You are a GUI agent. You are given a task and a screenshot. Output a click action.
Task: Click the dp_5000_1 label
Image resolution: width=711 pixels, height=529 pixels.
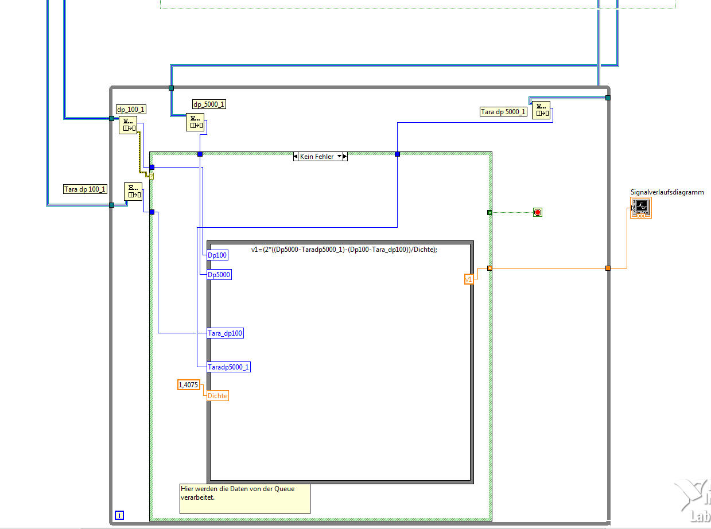[209, 104]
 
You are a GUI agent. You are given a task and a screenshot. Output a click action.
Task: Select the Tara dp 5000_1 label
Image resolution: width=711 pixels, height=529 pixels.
[503, 112]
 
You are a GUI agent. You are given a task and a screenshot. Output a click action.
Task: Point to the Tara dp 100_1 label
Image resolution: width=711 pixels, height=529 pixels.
[85, 189]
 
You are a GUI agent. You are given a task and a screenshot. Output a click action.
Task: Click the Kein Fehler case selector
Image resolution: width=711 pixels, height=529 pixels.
[320, 156]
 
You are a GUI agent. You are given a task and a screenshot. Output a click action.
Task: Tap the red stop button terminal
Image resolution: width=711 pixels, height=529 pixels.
[538, 212]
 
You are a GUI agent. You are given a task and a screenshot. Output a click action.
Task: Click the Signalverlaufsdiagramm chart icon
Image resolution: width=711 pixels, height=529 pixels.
[641, 208]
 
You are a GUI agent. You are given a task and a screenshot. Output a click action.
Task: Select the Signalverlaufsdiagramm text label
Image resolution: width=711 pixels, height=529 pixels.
[667, 192]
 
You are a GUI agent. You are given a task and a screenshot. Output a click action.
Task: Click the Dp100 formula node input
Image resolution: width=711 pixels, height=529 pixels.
[217, 255]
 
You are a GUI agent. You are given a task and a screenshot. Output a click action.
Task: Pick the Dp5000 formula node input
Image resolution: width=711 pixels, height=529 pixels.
[219, 275]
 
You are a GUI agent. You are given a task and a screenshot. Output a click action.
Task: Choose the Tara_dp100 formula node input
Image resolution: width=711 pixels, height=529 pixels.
[226, 333]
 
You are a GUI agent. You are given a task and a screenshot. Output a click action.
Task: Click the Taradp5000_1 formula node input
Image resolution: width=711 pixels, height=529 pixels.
[229, 367]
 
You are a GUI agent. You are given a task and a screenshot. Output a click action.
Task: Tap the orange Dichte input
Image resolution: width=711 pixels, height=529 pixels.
[217, 395]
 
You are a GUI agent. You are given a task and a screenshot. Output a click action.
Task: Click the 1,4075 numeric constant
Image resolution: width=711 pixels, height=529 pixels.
[188, 385]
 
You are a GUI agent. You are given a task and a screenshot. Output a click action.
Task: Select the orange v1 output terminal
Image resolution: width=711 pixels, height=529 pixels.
[469, 279]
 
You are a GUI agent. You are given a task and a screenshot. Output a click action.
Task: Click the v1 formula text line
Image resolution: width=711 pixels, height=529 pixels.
[344, 250]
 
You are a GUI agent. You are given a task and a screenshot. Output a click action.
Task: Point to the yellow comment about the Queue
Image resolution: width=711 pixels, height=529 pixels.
[244, 498]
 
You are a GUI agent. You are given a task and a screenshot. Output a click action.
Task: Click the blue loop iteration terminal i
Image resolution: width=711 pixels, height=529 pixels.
[119, 515]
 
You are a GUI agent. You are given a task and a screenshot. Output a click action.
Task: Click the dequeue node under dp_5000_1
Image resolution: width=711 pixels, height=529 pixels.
[195, 122]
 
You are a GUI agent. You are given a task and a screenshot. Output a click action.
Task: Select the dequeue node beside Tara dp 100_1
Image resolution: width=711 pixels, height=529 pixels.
[133, 191]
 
